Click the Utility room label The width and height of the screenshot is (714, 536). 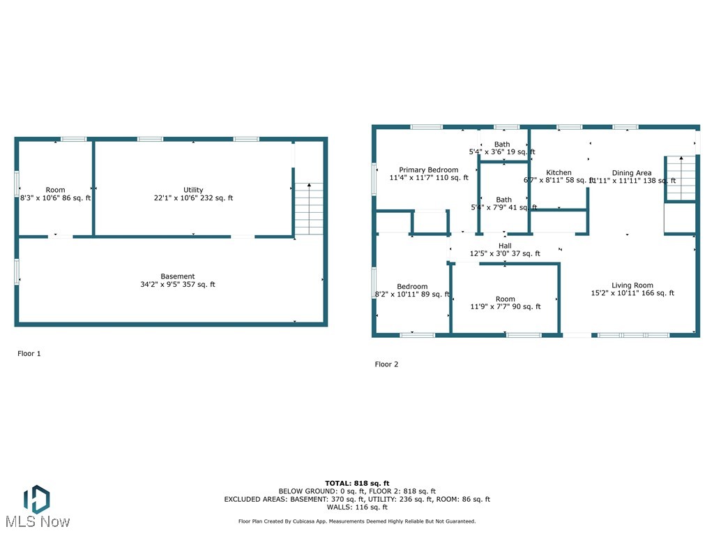[193, 190]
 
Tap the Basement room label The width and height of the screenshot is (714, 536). [178, 276]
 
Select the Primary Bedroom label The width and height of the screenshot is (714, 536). [428, 170]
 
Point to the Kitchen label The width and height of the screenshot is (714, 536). [559, 172]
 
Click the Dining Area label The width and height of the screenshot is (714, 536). [632, 172]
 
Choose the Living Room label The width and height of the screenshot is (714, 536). [632, 285]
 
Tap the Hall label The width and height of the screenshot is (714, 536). [505, 246]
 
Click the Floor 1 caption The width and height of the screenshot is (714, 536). [29, 354]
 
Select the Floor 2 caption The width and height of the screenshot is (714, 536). [386, 364]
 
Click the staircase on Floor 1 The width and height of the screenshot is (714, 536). [309, 209]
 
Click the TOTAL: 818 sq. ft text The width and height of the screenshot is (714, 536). [357, 483]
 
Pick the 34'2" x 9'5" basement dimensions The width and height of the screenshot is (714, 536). [178, 285]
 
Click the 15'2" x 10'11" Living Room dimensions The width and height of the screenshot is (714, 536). [632, 293]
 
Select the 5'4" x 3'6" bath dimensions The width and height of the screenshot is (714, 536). [502, 151]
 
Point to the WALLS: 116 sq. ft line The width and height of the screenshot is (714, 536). [357, 507]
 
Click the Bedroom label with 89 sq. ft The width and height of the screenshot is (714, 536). [412, 286]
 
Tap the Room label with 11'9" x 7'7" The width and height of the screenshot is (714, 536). [506, 299]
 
